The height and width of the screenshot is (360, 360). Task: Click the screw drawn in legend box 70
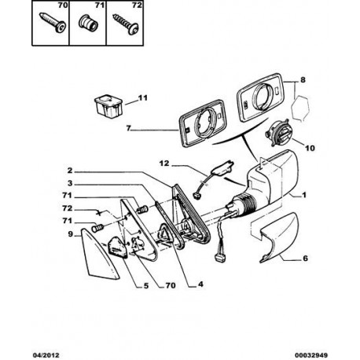53,23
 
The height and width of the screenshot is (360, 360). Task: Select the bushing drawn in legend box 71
88,23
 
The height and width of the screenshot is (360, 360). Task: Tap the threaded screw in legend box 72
126,24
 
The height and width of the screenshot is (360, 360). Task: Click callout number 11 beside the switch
142,98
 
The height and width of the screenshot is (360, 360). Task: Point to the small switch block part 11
108,105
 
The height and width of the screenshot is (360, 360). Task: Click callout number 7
128,128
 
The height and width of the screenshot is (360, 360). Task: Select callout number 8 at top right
303,79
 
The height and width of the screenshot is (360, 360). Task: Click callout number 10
310,149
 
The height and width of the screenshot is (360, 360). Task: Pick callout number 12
164,163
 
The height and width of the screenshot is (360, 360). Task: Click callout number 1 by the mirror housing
304,195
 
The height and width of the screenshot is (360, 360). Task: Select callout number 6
306,259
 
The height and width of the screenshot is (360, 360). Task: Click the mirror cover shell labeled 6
280,237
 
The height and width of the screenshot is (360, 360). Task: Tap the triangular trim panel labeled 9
98,255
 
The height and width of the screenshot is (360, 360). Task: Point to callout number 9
71,233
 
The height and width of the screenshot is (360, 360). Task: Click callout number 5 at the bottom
146,285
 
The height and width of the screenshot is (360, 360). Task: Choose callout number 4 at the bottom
200,284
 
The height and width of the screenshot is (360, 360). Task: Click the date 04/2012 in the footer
46,355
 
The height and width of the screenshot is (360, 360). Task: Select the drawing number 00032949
311,355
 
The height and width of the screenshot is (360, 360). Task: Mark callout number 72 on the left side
67,208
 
